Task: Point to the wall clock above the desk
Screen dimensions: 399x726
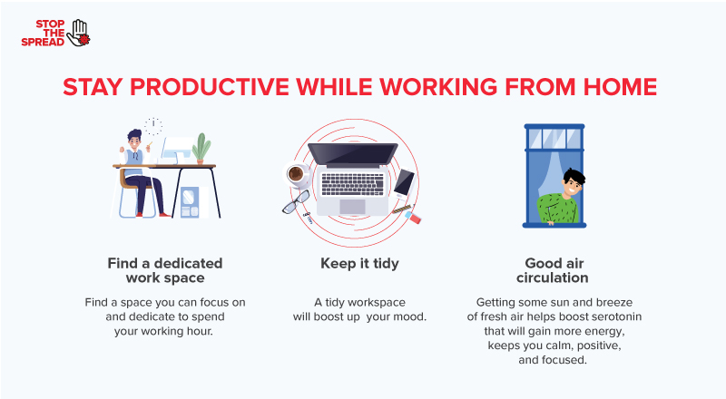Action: coord(153,124)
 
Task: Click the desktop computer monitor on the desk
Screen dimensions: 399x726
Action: coord(176,150)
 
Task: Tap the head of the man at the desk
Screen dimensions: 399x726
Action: coord(134,141)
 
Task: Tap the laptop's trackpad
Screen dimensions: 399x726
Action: coord(352,207)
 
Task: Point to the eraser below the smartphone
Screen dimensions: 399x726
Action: coord(416,218)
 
